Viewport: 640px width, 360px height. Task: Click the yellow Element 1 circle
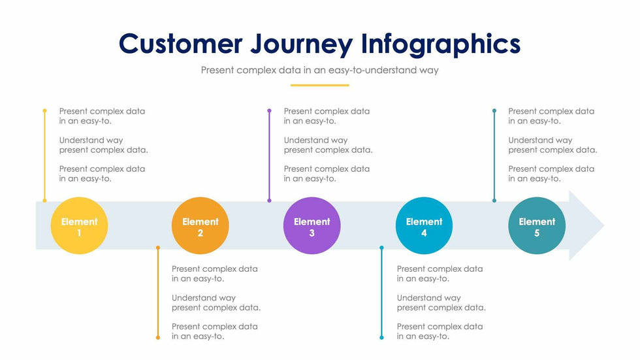79,225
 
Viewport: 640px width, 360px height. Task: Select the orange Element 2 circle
200,225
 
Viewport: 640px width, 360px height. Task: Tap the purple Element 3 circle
312,225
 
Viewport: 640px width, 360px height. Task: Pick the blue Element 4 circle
424,225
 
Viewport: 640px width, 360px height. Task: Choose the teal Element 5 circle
537,225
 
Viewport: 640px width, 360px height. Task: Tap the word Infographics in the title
441,44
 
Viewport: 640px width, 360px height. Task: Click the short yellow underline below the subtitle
319,85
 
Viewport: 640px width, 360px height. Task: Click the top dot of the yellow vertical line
44,111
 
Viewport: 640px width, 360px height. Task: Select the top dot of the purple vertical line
269,111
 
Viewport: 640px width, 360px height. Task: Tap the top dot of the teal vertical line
494,111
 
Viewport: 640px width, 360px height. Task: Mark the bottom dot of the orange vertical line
157,337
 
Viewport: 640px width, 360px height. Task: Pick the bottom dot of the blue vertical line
382,337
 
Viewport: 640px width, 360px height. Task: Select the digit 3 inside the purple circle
312,233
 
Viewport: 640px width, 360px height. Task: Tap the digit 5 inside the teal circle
537,233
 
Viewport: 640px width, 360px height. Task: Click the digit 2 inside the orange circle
200,233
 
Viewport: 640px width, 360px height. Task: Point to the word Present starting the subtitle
219,70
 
